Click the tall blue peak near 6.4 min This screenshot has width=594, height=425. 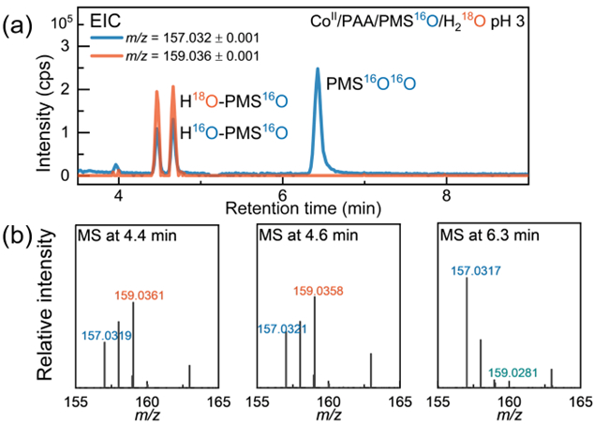pyautogui.click(x=318, y=71)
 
